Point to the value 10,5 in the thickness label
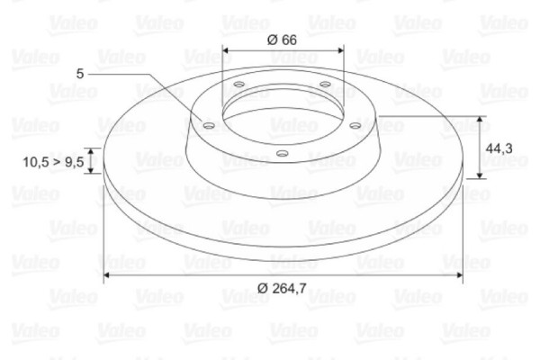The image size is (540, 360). pos(36,162)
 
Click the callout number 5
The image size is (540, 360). pos(81,75)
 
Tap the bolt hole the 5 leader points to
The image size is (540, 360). pos(210,126)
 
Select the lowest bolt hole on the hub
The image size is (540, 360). pos(282,154)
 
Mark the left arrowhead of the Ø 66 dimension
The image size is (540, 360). pos(226,50)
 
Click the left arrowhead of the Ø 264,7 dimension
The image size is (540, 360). pos(108,272)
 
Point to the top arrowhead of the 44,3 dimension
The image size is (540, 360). pos(481,121)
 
